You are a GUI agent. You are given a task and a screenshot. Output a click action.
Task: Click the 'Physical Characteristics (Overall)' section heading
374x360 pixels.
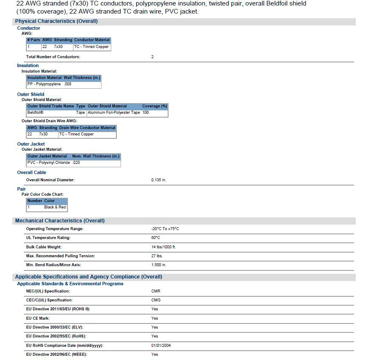coord(56,21)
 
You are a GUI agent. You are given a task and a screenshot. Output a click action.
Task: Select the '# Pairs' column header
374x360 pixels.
coord(34,40)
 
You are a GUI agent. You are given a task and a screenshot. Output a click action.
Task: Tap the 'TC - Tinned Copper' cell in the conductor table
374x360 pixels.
coord(91,47)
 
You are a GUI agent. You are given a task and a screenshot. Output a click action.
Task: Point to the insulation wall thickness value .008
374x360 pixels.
coord(67,84)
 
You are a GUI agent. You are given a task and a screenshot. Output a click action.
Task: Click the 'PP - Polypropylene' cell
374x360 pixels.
coord(44,84)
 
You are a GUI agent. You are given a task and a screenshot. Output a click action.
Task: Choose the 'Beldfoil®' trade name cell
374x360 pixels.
coord(36,112)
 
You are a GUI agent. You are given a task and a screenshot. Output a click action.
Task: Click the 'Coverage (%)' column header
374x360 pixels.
coord(155,106)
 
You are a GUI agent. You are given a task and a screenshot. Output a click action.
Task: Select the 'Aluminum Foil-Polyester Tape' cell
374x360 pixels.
coord(114,112)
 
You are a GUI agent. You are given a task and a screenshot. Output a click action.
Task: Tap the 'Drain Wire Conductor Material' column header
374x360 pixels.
coord(87,128)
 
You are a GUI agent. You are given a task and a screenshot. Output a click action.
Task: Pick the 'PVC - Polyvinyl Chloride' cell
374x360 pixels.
coord(48,163)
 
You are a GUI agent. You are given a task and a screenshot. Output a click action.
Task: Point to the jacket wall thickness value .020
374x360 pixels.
coord(76,163)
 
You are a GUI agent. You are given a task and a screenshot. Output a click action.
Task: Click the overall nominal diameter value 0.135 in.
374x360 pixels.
coord(159,180)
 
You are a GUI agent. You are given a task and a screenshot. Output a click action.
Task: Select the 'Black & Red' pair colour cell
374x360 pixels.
coord(55,207)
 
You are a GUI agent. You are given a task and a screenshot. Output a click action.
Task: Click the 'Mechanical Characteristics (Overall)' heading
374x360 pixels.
coord(60,221)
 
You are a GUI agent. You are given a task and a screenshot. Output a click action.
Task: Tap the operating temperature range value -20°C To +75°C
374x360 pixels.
coord(165,229)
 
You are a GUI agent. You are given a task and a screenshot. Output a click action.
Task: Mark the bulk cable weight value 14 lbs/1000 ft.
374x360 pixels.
coord(163,247)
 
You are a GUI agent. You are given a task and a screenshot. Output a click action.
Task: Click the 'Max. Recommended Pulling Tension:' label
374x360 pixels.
coord(61,256)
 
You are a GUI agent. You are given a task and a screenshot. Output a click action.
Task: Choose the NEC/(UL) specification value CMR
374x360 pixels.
coord(156,291)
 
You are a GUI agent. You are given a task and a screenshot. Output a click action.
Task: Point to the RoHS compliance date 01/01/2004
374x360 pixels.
coord(161,346)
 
